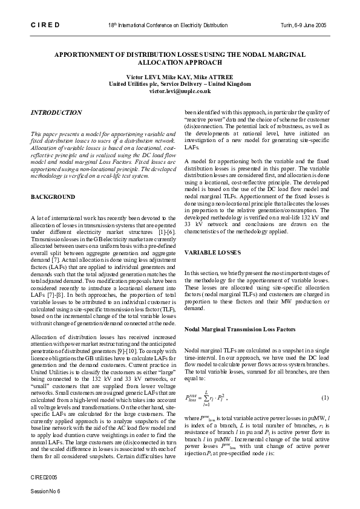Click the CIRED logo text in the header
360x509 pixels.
tap(44, 25)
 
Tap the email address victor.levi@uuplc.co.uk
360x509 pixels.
tap(180, 91)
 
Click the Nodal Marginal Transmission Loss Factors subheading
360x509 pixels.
tap(240, 329)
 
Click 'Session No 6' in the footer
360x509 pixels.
tap(46, 491)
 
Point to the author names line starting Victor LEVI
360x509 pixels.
tap(180, 77)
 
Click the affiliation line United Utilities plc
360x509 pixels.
tap(180, 84)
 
